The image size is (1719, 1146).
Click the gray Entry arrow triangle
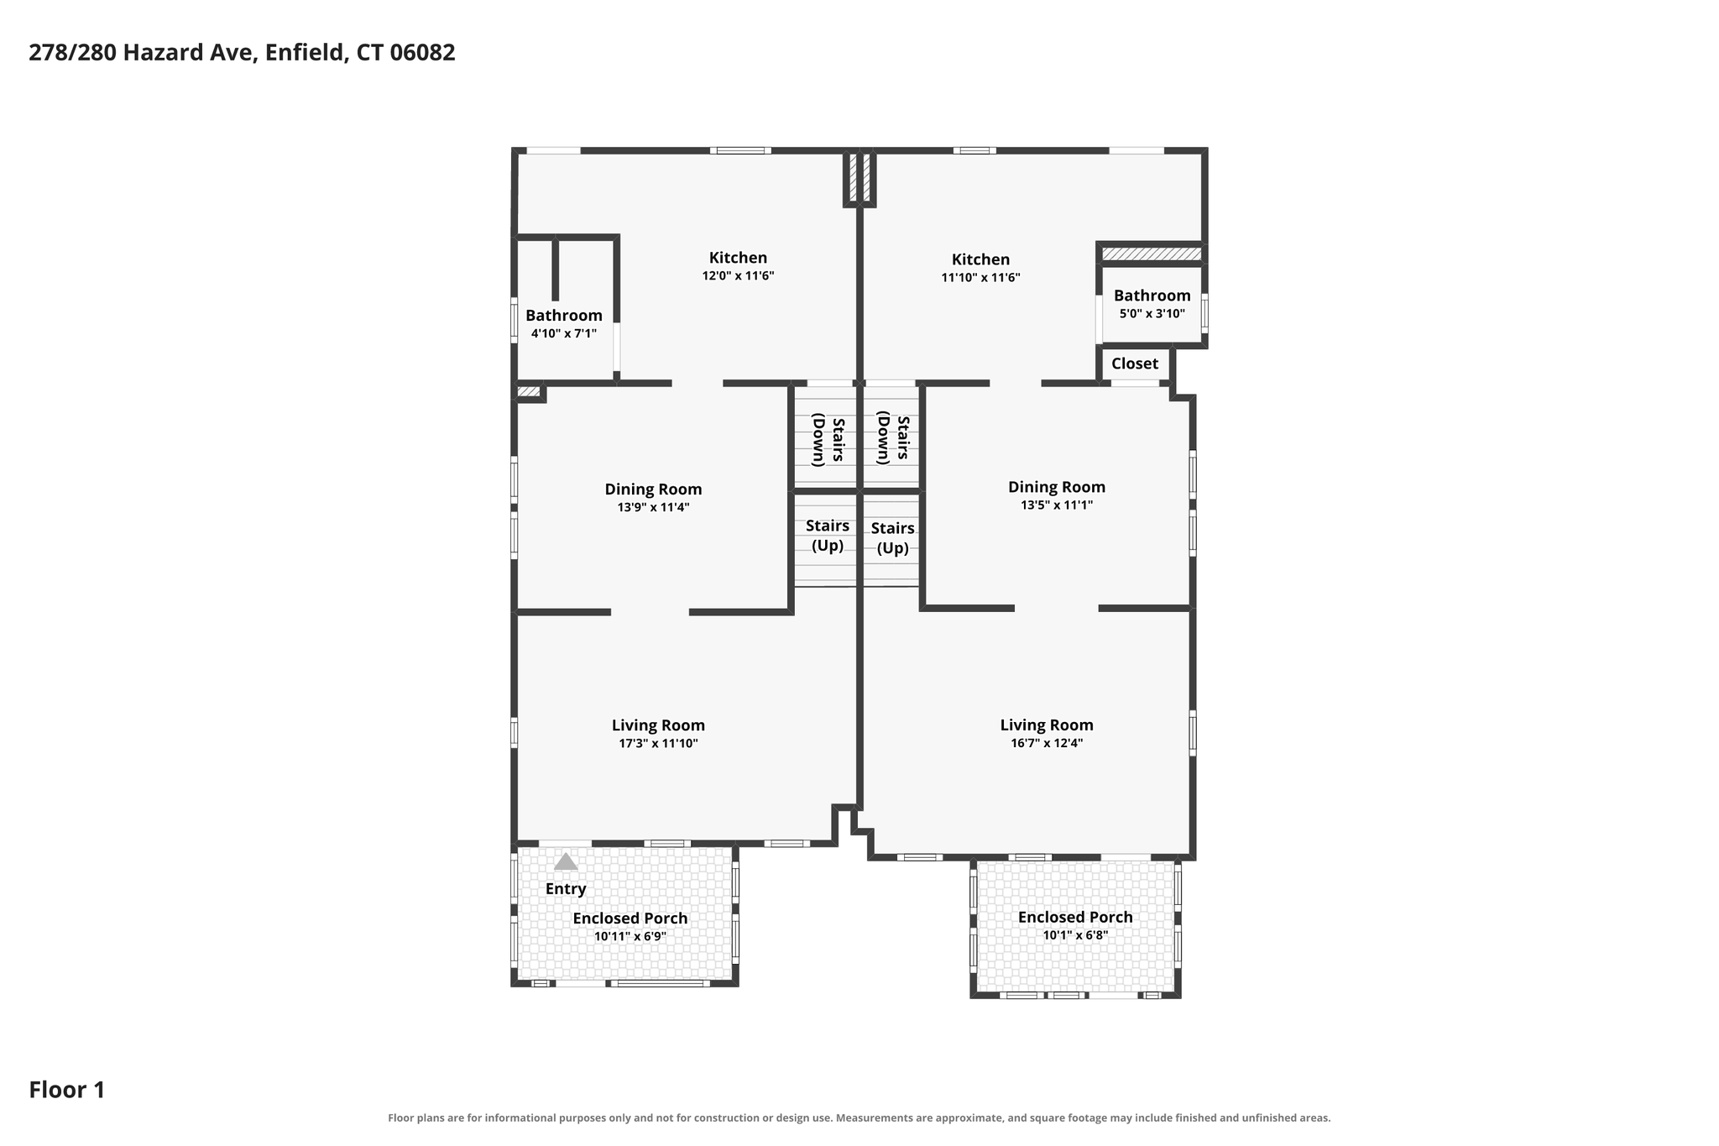pyautogui.click(x=566, y=861)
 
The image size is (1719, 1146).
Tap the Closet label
pyautogui.click(x=1135, y=364)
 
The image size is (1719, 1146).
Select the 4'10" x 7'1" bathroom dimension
pyautogui.click(x=564, y=333)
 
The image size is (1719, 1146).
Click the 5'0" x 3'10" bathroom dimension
pyautogui.click(x=1152, y=314)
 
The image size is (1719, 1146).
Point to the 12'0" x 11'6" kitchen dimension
pyautogui.click(x=738, y=275)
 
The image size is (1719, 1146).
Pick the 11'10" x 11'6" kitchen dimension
pyautogui.click(x=980, y=277)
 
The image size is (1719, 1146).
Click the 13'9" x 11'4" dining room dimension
pyautogui.click(x=654, y=507)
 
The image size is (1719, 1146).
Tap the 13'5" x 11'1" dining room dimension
pyautogui.click(x=1057, y=505)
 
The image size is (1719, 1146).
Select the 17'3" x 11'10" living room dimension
pyautogui.click(x=659, y=743)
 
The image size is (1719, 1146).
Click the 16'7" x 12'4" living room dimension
pyautogui.click(x=1047, y=743)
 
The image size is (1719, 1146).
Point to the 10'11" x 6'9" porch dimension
pyautogui.click(x=630, y=936)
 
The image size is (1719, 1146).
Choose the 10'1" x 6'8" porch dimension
pyautogui.click(x=1075, y=935)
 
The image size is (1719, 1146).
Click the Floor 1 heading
pyautogui.click(x=67, y=1090)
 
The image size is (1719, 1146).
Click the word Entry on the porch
pyautogui.click(x=566, y=888)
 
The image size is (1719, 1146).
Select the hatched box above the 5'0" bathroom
pyautogui.click(x=1152, y=254)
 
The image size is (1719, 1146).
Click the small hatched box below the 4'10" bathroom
pyautogui.click(x=529, y=391)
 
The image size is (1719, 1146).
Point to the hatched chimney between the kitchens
pyautogui.click(x=859, y=177)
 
